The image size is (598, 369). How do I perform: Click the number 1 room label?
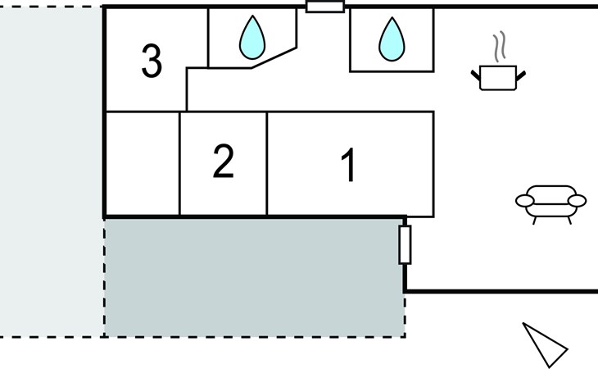point(349,166)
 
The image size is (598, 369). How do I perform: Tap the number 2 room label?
point(223,162)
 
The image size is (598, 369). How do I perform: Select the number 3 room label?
point(152,61)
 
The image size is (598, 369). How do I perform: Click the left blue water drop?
point(252,38)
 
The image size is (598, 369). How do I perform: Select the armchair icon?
point(550,203)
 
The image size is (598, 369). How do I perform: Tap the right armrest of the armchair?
point(578,201)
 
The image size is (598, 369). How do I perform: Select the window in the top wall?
point(324,7)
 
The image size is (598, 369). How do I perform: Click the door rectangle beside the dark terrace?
point(404,245)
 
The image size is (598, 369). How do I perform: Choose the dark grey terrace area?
point(254,276)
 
